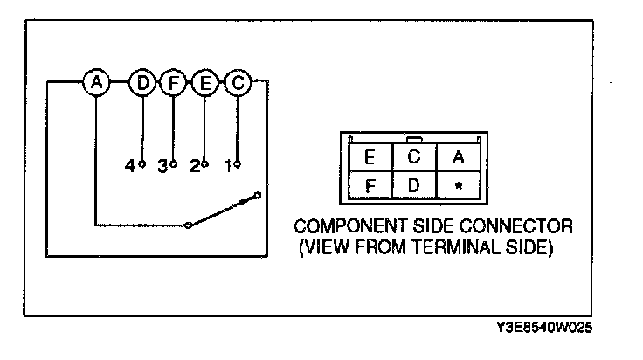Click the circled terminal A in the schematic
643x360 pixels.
(x=97, y=83)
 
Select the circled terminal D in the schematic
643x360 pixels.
(x=141, y=83)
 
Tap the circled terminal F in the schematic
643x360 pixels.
(x=173, y=83)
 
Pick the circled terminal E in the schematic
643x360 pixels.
(x=204, y=83)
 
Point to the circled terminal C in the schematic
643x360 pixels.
(x=237, y=83)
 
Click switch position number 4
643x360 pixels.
(x=130, y=165)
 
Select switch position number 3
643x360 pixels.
(x=162, y=165)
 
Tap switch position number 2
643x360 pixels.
(x=195, y=165)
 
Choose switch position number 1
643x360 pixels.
(x=228, y=165)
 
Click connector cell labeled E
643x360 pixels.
(x=369, y=158)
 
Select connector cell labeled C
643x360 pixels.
(x=414, y=158)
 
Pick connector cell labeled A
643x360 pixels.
(x=459, y=158)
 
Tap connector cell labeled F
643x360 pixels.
(x=369, y=185)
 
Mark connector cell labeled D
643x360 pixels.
(x=414, y=185)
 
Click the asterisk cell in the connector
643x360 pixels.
(x=459, y=186)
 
